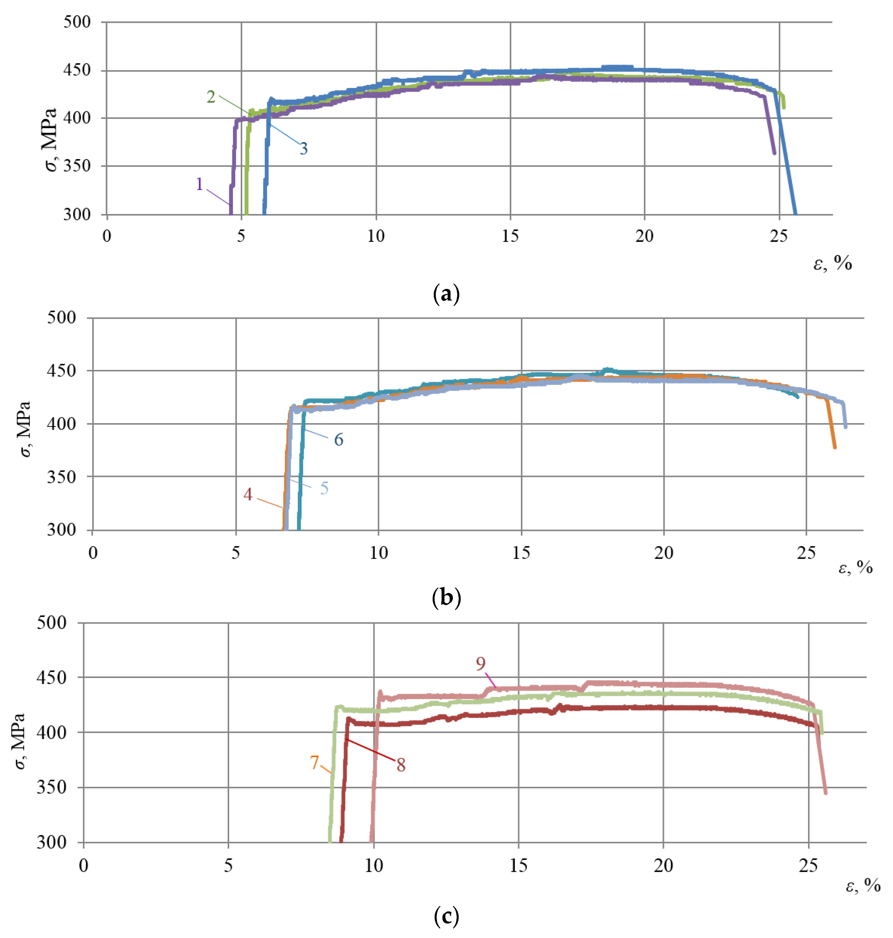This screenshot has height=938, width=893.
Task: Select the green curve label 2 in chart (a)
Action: click(x=211, y=97)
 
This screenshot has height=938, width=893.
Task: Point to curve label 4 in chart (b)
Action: click(x=247, y=495)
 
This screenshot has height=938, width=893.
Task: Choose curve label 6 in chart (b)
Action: click(x=339, y=440)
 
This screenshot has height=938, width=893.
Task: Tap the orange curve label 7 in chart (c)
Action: click(x=314, y=762)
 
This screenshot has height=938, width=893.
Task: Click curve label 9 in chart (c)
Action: click(x=481, y=664)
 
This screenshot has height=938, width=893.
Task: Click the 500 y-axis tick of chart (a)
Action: click(x=77, y=22)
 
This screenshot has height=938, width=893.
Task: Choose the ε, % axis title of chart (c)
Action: click(x=863, y=885)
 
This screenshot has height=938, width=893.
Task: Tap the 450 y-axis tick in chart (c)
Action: click(x=52, y=677)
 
